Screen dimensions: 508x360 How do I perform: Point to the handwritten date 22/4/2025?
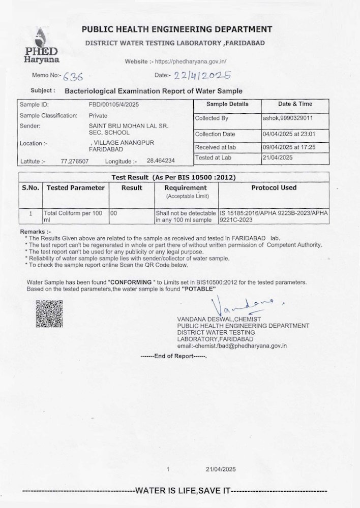pyautogui.click(x=202, y=76)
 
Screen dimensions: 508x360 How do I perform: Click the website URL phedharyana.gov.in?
pyautogui.click(x=190, y=61)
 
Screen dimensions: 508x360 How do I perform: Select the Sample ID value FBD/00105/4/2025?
pyautogui.click(x=114, y=104)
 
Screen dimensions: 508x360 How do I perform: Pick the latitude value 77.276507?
pyautogui.click(x=75, y=161)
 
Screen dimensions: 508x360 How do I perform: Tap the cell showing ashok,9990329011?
pyautogui.click(x=287, y=118)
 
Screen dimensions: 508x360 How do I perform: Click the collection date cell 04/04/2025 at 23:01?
pyautogui.click(x=289, y=134)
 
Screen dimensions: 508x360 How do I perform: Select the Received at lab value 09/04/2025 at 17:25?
pyautogui.click(x=289, y=147)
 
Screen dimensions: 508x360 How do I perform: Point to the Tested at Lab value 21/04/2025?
pyautogui.click(x=278, y=158)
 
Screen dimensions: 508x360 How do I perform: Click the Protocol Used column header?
pyautogui.click(x=274, y=187)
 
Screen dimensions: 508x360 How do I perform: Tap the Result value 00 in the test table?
pyautogui.click(x=114, y=214)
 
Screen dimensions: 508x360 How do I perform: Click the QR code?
pyautogui.click(x=49, y=313)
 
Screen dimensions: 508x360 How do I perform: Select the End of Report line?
pyautogui.click(x=173, y=356)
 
